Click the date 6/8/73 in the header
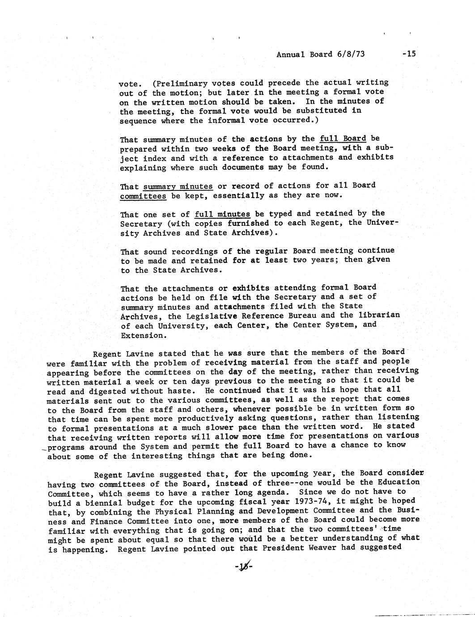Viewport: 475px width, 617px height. click(349, 55)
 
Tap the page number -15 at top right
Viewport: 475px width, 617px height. click(409, 54)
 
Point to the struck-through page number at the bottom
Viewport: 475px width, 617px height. click(243, 567)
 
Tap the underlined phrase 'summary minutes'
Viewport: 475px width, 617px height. click(178, 186)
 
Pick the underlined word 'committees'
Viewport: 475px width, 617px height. click(143, 196)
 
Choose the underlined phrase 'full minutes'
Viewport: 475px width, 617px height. click(222, 214)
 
